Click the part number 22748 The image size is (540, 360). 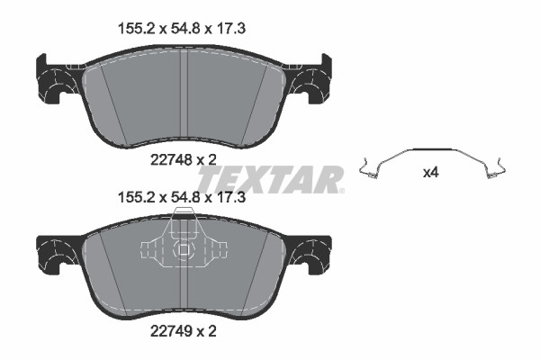(x=171, y=160)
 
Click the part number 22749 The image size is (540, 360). (x=171, y=331)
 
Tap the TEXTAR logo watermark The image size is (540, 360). (x=271, y=179)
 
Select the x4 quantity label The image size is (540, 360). (x=431, y=173)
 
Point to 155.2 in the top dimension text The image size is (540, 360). (x=135, y=29)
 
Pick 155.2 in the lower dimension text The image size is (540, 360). (x=135, y=197)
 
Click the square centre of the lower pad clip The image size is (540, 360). (x=184, y=249)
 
